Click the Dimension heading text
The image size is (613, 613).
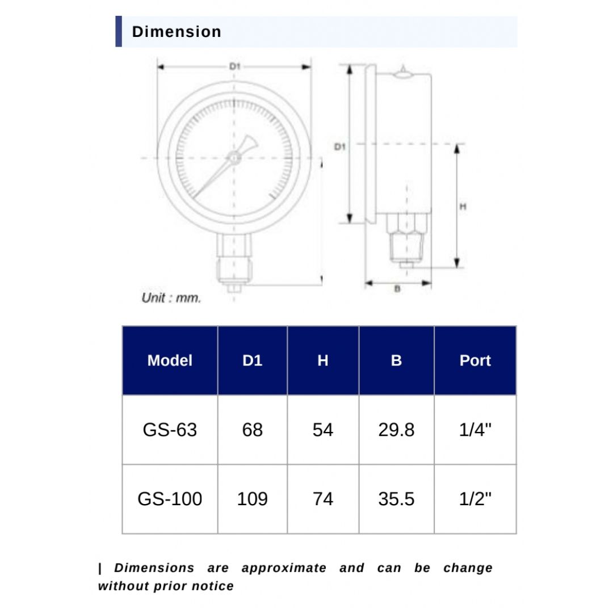[x=177, y=32]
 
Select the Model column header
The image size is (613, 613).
[x=170, y=360]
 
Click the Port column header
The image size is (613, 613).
[x=475, y=360]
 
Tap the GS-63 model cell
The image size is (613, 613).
[x=170, y=430]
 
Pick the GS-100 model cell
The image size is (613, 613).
[x=170, y=499]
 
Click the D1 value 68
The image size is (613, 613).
[x=253, y=430]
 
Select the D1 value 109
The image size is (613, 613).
[x=253, y=499]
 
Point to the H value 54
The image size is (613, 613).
[x=323, y=430]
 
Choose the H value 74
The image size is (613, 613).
[x=323, y=499]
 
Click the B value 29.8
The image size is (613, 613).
[x=396, y=430]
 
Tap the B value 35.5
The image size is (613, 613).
[x=396, y=499]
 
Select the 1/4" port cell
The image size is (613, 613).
[x=475, y=430]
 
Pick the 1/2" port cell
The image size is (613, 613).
[x=475, y=499]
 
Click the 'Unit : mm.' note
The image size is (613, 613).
[x=171, y=297]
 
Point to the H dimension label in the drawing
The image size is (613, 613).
[x=463, y=207]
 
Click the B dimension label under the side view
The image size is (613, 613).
[x=397, y=289]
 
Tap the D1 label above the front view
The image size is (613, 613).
[x=234, y=67]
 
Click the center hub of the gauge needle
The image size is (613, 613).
[x=234, y=157]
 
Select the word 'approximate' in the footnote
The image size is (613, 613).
[x=284, y=568]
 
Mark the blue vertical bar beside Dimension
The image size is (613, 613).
[x=119, y=32]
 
